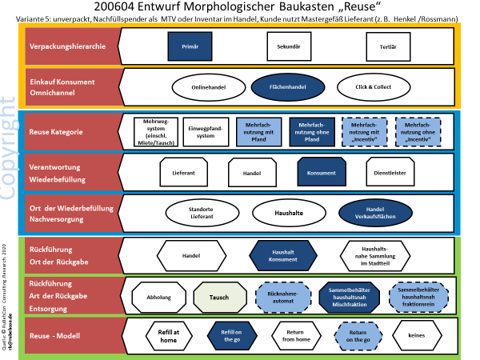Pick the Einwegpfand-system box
coord(206,131)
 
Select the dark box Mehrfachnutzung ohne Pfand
coord(310,131)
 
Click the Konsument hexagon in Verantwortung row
coord(320,171)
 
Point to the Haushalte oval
coord(287,212)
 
